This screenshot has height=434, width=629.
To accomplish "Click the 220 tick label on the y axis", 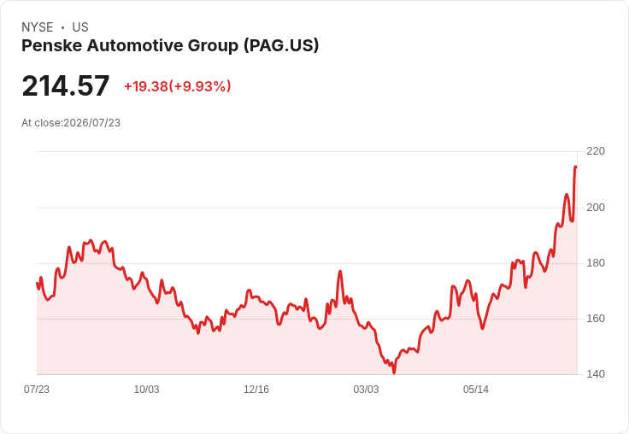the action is tap(596, 151).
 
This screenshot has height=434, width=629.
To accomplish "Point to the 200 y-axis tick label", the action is tap(596, 208).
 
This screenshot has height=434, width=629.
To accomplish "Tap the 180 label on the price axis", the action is tap(596, 263).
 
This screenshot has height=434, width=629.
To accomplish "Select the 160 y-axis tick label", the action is tap(596, 319).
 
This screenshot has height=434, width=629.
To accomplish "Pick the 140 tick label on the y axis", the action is tap(596, 374).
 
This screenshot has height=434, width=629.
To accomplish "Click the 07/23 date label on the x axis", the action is tap(37, 390).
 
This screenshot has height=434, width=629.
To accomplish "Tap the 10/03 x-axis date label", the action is tap(146, 390).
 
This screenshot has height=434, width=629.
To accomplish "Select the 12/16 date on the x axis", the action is tap(256, 390).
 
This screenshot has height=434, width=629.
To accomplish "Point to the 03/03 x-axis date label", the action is tap(366, 390).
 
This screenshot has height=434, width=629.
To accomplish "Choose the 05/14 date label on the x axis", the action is tap(476, 390).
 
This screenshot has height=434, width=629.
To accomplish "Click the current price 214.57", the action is tap(66, 85).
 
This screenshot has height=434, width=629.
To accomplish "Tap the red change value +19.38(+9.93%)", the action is tap(178, 86).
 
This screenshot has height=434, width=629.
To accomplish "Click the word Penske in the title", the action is tap(52, 45).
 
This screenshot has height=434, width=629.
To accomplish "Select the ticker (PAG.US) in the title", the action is tap(281, 45).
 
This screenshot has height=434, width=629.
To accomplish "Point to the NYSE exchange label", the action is tap(38, 27).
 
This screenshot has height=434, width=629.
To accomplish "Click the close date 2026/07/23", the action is tap(91, 123).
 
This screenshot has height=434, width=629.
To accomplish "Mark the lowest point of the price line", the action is tap(394, 372).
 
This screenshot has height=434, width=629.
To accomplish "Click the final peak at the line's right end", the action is tap(576, 167).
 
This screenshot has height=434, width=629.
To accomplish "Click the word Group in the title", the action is tap(213, 45).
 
